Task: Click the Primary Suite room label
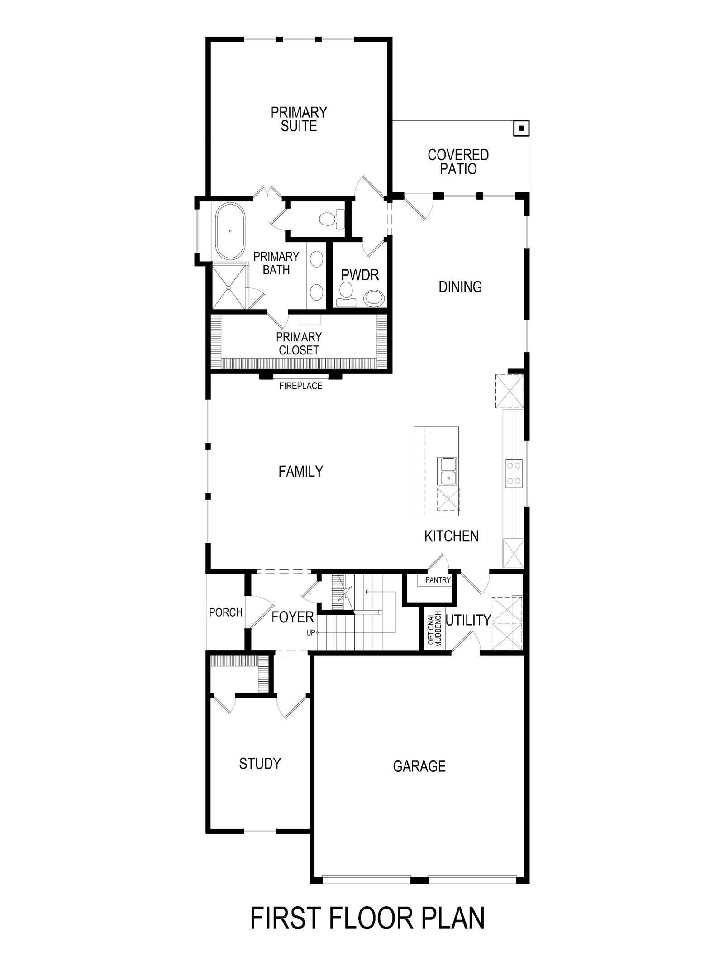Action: coord(299,119)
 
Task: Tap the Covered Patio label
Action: coord(458,162)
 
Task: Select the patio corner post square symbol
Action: coord(521,129)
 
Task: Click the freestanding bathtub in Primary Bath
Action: coord(230,231)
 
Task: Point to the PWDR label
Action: coord(360,275)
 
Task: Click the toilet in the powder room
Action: coord(347,296)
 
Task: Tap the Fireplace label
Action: coord(300,386)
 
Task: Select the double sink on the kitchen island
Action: coord(447,471)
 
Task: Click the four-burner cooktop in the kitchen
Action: coord(514,473)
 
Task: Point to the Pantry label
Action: coord(438,580)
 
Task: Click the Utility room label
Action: coord(468,620)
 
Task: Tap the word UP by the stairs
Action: coord(310,633)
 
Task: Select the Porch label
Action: coord(226,612)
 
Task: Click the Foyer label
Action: coord(292,617)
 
